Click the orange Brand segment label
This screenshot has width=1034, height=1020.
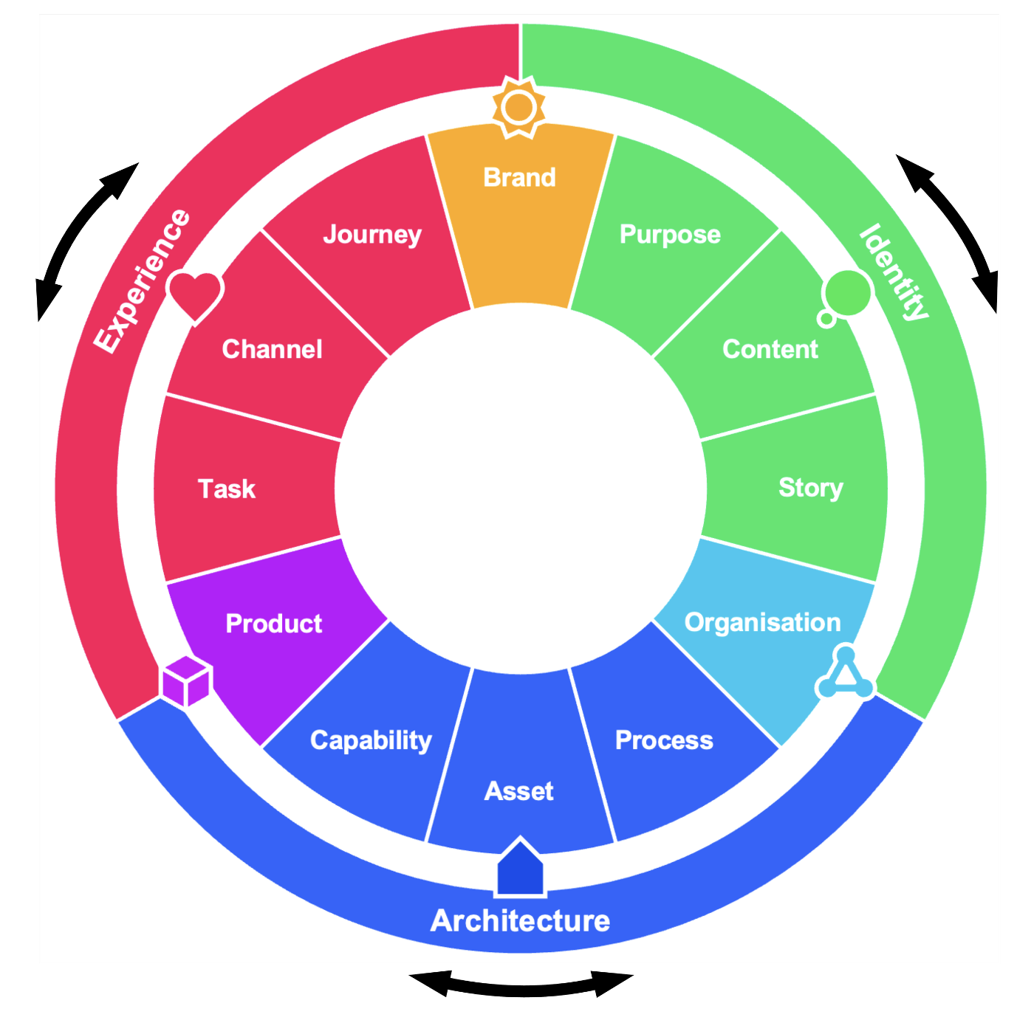[519, 178]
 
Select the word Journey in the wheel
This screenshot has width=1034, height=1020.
[372, 235]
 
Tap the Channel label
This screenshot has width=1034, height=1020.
[272, 349]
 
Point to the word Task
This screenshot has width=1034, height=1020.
[227, 489]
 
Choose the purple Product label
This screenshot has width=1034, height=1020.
[274, 624]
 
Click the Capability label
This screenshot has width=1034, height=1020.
[371, 740]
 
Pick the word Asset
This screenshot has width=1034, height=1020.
[519, 791]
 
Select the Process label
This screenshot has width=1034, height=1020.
[664, 740]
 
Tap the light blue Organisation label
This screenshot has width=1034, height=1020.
[762, 622]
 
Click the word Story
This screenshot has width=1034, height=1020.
[810, 488]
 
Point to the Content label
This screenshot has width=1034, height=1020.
[770, 349]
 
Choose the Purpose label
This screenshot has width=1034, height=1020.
[670, 235]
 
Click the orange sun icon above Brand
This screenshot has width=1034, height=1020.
[519, 108]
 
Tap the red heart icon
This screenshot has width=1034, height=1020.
[195, 296]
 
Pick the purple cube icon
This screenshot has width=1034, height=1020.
[187, 681]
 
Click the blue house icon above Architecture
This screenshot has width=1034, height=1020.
[521, 869]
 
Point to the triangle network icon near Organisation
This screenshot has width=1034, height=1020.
[846, 674]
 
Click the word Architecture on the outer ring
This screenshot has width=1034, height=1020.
[521, 920]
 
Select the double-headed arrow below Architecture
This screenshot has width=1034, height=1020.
[521, 985]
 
